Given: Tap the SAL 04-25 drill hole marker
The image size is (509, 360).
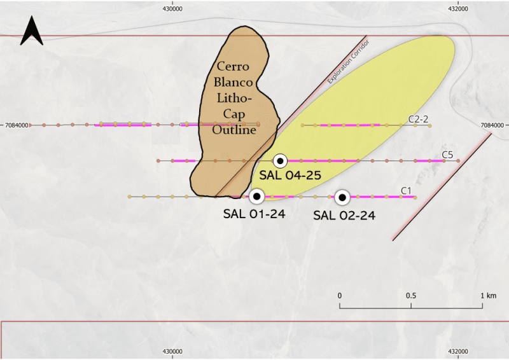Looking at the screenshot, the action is pyautogui.click(x=280, y=161).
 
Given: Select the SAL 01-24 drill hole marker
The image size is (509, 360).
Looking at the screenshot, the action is pyautogui.click(x=257, y=197).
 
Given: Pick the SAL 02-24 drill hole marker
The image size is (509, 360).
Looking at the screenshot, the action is pyautogui.click(x=342, y=197).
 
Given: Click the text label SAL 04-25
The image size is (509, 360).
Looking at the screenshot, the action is pyautogui.click(x=290, y=176).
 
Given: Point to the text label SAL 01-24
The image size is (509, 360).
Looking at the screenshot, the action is pyautogui.click(x=254, y=214).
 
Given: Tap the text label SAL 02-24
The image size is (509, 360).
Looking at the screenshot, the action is pyautogui.click(x=344, y=216).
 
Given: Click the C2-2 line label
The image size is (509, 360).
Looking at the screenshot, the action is pyautogui.click(x=418, y=119).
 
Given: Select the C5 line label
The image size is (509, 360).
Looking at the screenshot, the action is pyautogui.click(x=447, y=155).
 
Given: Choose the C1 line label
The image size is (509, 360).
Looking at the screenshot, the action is pyautogui.click(x=406, y=191).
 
